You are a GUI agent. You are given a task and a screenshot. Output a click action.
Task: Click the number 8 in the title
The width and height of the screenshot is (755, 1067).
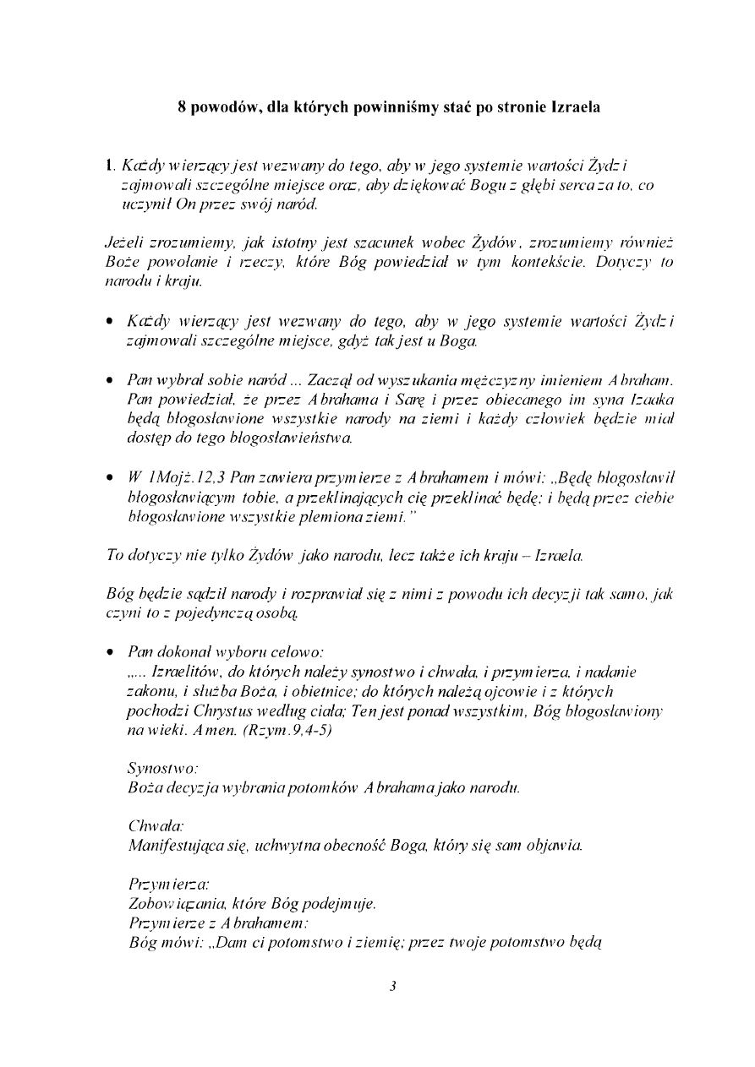tap(182, 109)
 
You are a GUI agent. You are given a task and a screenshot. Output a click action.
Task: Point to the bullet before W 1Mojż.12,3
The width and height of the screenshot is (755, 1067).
tap(111, 480)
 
